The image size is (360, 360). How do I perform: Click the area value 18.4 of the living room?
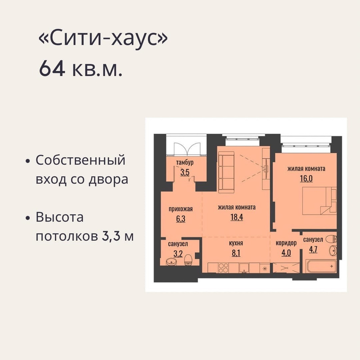(x=237, y=217)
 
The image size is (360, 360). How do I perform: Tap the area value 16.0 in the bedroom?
(x=306, y=178)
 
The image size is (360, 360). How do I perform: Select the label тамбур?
(x=185, y=162)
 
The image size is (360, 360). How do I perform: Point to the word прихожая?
(x=181, y=209)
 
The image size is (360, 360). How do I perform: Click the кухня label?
(x=236, y=243)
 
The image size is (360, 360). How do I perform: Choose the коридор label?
(x=286, y=243)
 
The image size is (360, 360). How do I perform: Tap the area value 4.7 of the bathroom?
(x=313, y=249)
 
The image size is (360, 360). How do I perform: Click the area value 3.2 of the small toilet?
(x=178, y=254)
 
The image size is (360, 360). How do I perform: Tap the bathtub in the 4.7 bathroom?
(x=321, y=266)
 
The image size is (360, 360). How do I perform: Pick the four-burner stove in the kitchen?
(x=223, y=268)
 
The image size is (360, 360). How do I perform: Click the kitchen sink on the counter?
(x=244, y=268)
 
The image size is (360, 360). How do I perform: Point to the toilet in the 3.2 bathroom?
(x=188, y=260)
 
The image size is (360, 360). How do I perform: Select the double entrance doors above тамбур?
(x=187, y=149)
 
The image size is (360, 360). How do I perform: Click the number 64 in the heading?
(x=52, y=69)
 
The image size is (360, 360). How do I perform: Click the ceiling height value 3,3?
(x=111, y=236)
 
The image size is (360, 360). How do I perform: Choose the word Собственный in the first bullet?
(x=81, y=160)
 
